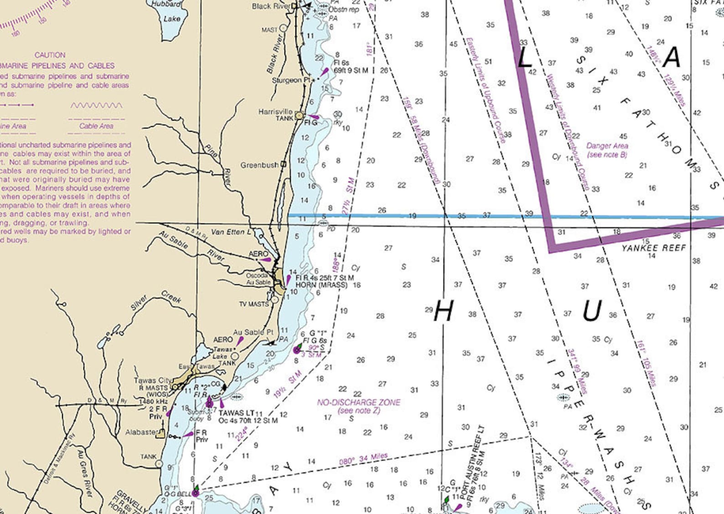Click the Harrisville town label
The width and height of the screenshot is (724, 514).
275,111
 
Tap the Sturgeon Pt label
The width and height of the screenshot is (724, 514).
290,80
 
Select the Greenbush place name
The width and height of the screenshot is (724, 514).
259,165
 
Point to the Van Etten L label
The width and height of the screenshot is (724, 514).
231,232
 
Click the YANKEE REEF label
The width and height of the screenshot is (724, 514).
653,248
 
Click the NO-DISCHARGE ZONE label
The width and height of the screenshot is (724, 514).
358,402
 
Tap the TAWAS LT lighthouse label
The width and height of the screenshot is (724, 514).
236,413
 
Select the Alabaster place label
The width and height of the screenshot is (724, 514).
141,432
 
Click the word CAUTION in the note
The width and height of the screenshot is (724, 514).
50,55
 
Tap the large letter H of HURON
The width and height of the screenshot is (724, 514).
443,312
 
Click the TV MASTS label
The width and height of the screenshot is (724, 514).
253,304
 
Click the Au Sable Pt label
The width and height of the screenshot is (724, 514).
253,332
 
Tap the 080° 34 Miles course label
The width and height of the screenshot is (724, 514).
363,459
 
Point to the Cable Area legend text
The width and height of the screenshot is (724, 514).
96,126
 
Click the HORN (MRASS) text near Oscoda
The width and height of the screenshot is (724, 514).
321,285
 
